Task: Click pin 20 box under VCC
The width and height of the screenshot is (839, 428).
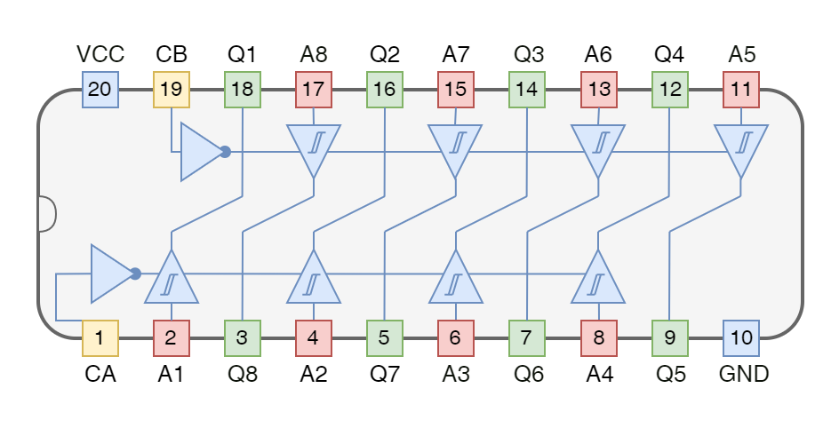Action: (x=100, y=90)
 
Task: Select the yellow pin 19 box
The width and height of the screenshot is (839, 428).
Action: (x=172, y=90)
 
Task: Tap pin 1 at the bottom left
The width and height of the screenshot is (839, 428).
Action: (x=100, y=338)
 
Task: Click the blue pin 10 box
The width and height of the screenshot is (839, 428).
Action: (x=740, y=338)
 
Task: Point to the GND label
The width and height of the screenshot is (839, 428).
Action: (x=744, y=374)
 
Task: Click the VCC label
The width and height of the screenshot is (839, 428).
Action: (x=100, y=55)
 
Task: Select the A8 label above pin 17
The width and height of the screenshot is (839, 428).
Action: (x=314, y=55)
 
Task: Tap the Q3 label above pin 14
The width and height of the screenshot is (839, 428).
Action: (x=528, y=55)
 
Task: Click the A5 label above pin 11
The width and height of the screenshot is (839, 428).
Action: (x=741, y=55)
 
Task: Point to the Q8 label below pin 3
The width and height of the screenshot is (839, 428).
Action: (x=243, y=374)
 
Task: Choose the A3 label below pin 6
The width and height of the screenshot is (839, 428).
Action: (x=456, y=374)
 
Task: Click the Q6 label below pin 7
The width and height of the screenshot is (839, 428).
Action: (x=528, y=374)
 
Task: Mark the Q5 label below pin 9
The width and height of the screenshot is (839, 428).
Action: (x=670, y=374)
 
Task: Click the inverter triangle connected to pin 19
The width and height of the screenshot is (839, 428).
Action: (x=199, y=152)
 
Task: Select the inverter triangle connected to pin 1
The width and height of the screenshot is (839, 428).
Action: (x=110, y=274)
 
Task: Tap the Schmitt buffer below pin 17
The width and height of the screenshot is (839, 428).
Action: (x=314, y=147)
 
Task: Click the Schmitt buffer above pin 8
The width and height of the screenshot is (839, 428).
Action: (x=598, y=279)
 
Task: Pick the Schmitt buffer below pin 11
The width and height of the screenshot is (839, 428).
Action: (x=741, y=147)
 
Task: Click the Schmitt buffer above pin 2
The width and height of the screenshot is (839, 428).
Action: (x=171, y=279)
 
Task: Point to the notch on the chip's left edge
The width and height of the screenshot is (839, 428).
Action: (x=46, y=214)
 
